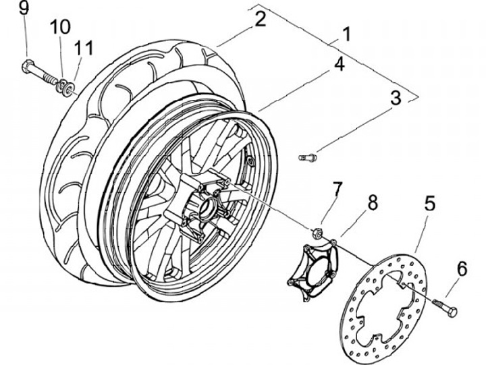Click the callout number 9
(24, 9)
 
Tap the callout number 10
(59, 27)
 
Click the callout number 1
(346, 34)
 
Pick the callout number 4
(338, 64)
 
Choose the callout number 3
(396, 97)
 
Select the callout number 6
(462, 269)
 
